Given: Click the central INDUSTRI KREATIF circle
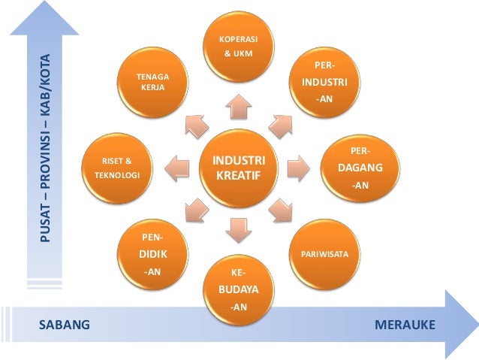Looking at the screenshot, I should (x=239, y=168).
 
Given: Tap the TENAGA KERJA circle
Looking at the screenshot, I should (x=152, y=83).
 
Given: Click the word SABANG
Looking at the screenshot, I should (x=65, y=325).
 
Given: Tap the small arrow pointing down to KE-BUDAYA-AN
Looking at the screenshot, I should (x=239, y=228).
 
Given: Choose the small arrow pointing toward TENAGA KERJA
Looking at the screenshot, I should (x=196, y=124).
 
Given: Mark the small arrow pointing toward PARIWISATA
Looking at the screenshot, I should (x=282, y=210).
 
